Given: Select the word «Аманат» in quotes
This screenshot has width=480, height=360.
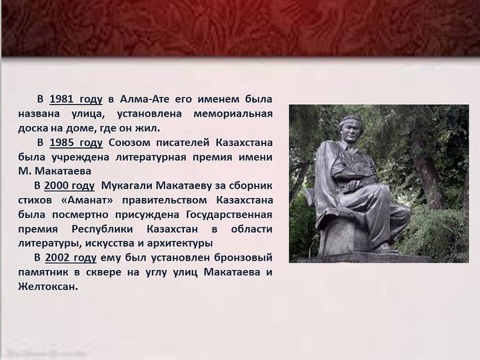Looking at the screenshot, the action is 87,200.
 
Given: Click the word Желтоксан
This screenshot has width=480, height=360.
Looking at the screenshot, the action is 48,287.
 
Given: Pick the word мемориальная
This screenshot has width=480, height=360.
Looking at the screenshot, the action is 233,114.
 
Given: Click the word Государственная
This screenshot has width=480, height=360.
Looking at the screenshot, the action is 229,215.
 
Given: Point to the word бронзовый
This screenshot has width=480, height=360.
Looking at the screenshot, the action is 243,257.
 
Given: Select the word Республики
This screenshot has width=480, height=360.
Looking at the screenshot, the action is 102,229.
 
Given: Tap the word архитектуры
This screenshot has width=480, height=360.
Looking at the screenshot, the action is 180,243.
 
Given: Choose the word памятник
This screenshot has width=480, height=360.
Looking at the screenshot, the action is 39,272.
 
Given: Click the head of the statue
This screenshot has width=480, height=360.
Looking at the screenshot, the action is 349,129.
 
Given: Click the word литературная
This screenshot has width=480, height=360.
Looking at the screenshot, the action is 151,157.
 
